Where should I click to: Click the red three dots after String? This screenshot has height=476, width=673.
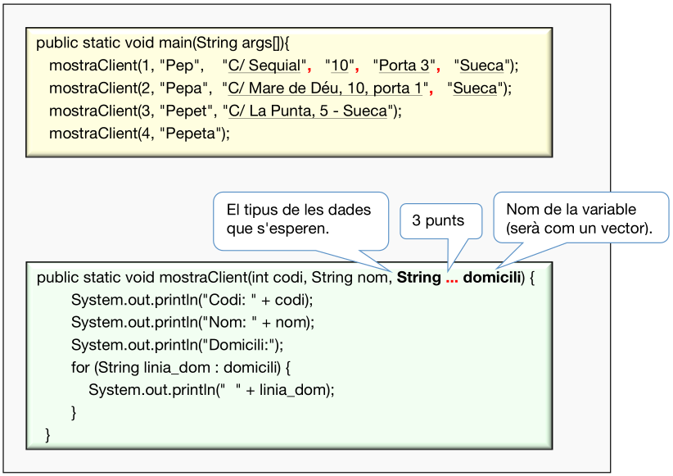[452, 278]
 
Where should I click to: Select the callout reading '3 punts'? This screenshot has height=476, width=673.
[438, 220]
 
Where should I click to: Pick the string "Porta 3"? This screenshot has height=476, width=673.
[401, 66]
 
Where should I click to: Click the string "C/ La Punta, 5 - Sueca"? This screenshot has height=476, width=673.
[309, 111]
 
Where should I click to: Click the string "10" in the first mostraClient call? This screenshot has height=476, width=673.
[340, 66]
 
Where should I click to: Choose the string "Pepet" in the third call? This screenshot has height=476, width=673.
[186, 111]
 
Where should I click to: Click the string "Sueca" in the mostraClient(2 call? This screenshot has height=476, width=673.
[475, 88]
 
